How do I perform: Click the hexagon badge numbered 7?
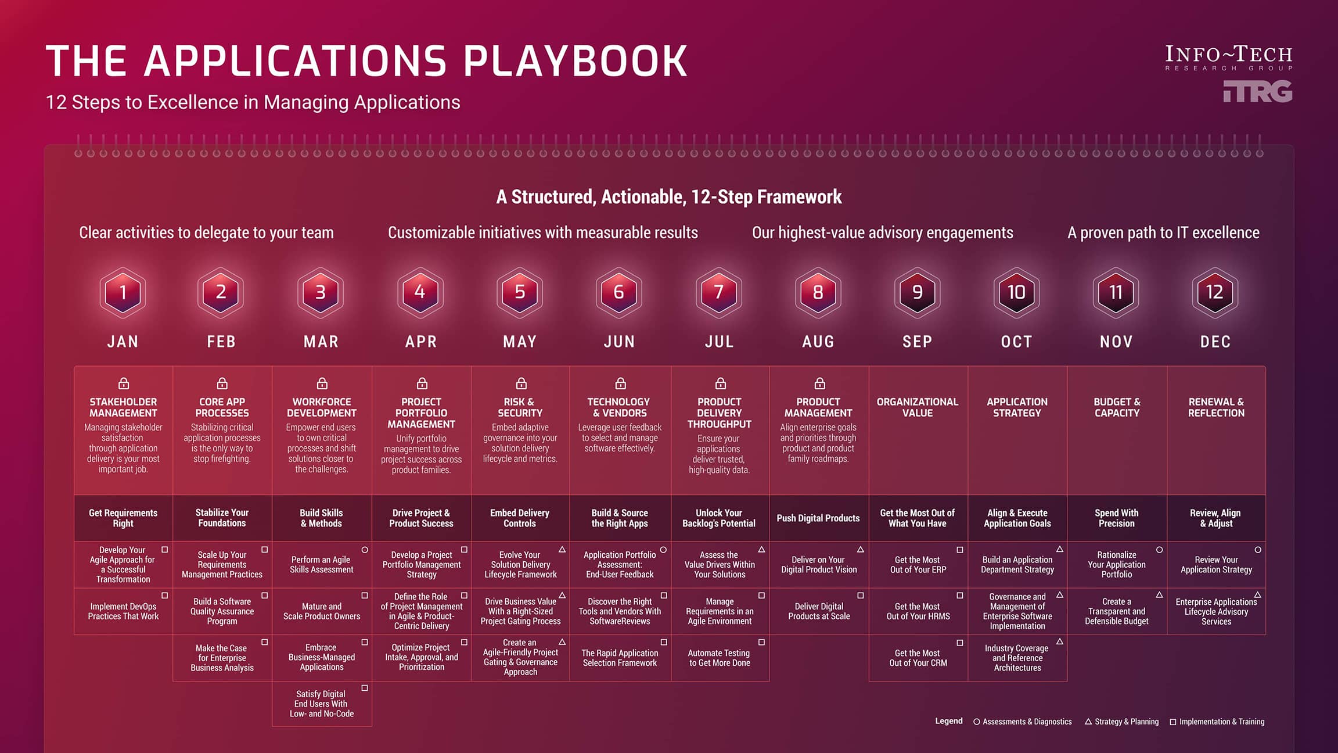[x=719, y=292]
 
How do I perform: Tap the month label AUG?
[x=818, y=342]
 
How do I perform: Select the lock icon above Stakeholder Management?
[x=124, y=383]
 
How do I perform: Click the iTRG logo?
[x=1257, y=92]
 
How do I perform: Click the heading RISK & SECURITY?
[x=520, y=407]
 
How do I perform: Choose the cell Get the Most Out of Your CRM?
[x=918, y=658]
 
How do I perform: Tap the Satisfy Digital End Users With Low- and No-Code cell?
[x=322, y=704]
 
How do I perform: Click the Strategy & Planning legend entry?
[x=1121, y=722]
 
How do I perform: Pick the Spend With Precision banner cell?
[x=1116, y=518]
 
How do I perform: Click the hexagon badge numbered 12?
[x=1215, y=292]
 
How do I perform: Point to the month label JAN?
[x=123, y=342]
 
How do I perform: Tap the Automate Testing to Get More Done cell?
[x=720, y=658]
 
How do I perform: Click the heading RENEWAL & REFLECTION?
[x=1216, y=407]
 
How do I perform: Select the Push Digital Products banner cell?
[x=818, y=518]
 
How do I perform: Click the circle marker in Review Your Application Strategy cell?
[x=1258, y=550]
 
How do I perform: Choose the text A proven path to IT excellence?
[x=1163, y=233]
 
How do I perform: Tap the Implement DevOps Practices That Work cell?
[x=123, y=611]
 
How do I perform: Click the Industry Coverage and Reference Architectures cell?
[x=1017, y=658]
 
